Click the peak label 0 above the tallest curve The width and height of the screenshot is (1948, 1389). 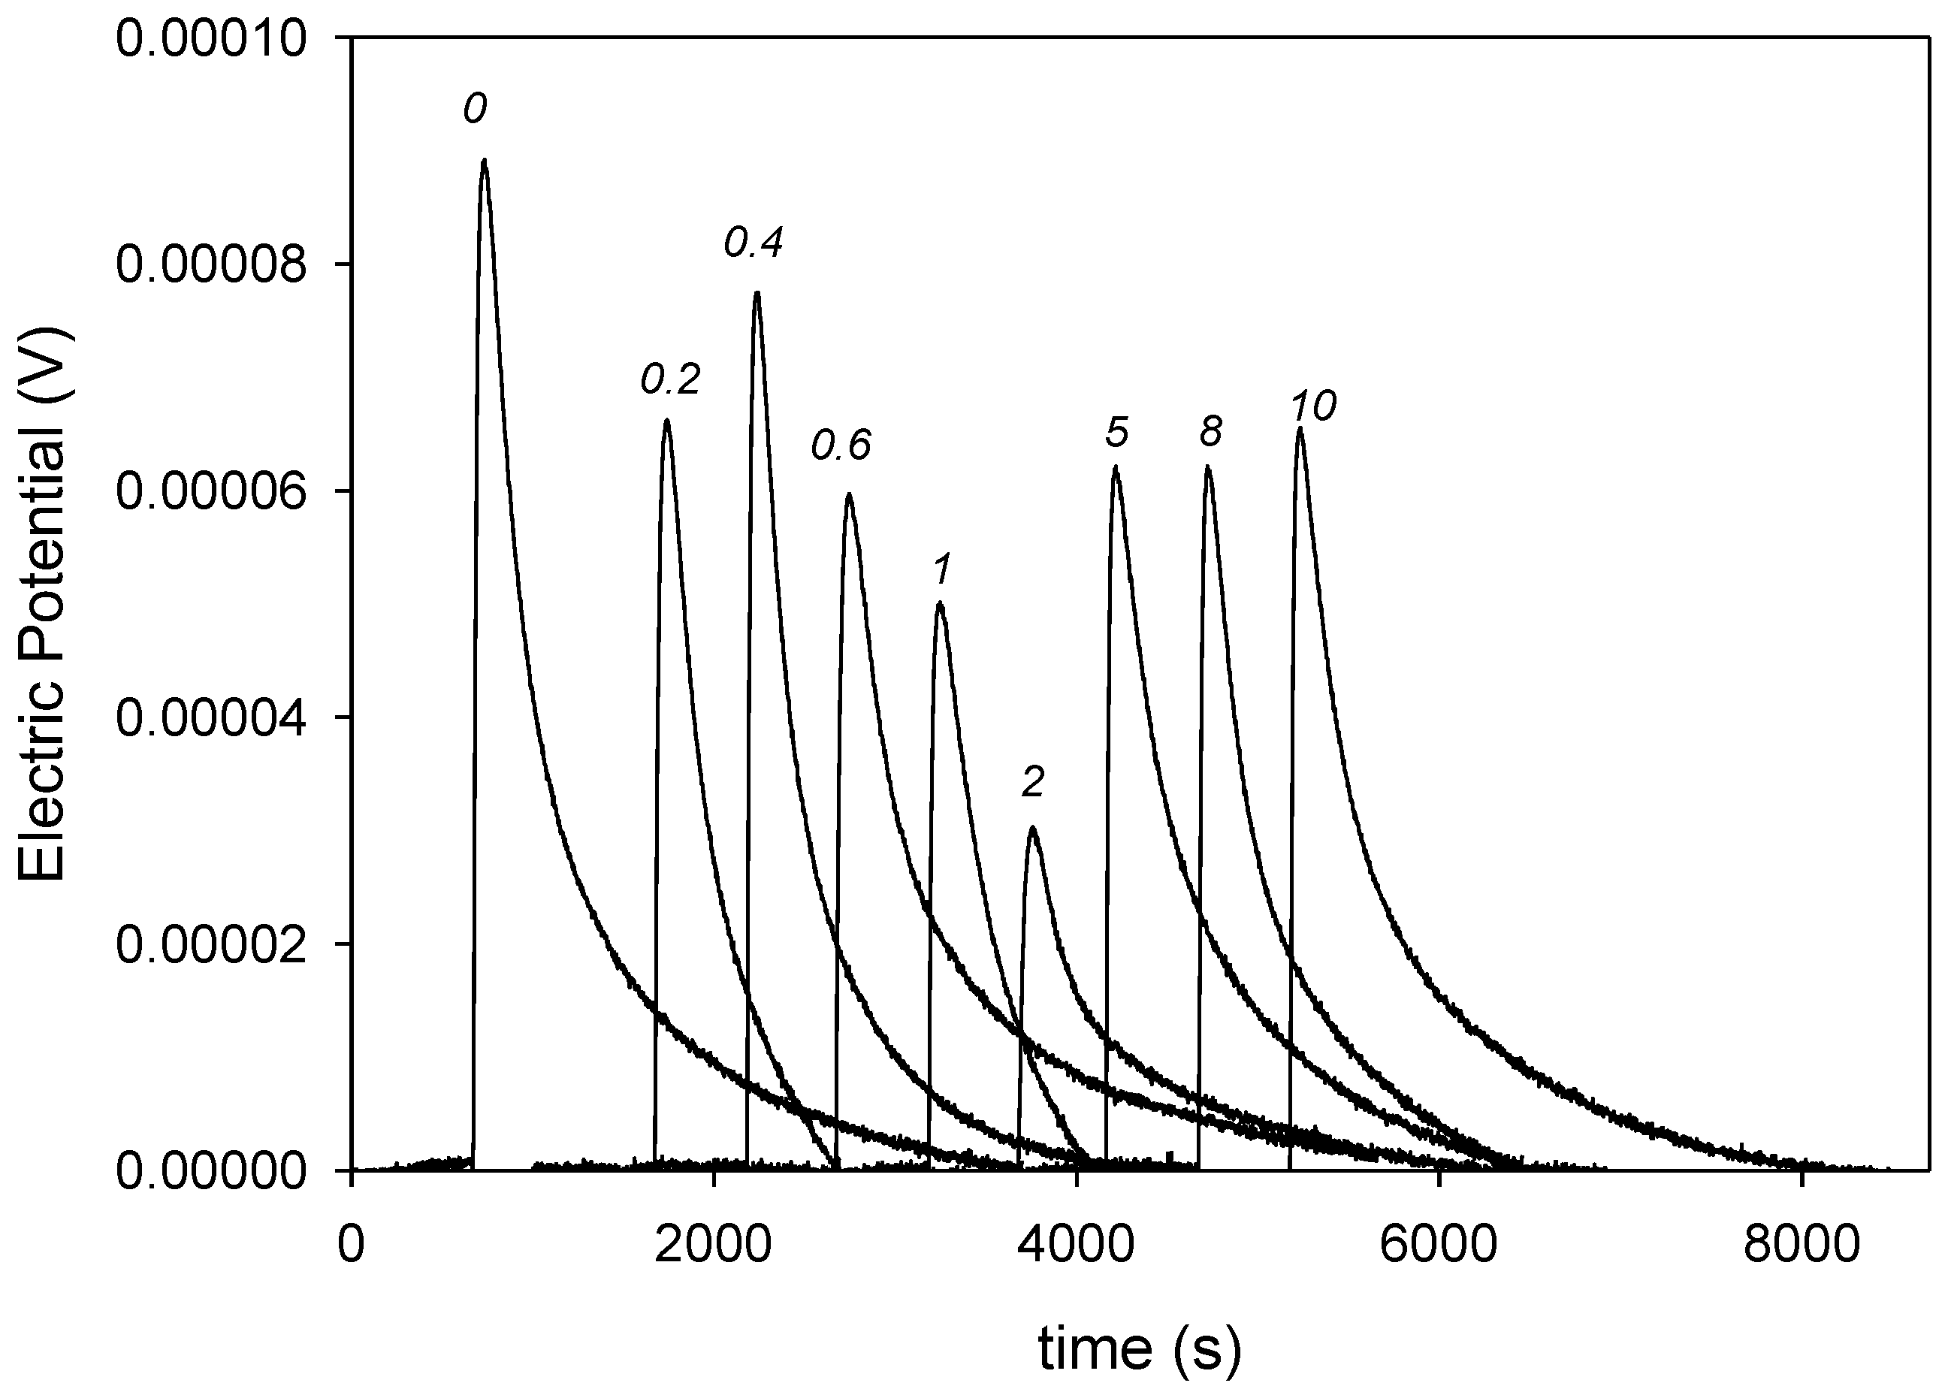coord(476,110)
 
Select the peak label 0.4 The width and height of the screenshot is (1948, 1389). coord(754,243)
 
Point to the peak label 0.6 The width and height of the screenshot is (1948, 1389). coord(841,445)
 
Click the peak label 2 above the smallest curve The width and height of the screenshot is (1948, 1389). coord(1033,782)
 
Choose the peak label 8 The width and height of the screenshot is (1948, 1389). coord(1210,433)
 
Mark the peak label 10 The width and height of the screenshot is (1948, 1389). coord(1312,407)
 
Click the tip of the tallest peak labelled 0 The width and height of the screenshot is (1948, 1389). coord(484,160)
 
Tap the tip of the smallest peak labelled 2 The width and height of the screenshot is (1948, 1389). coord(1033,827)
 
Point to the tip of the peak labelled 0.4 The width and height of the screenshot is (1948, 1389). coord(757,292)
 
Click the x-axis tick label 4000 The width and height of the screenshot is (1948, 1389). coord(1076,1246)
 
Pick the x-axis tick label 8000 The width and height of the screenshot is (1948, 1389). coord(1801,1246)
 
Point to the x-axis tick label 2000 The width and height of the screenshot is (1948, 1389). coord(713,1246)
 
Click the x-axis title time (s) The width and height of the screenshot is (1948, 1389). coord(1139,1348)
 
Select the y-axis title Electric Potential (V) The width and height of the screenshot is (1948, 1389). coord(43,604)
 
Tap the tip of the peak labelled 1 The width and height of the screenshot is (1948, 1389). coord(940,603)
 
